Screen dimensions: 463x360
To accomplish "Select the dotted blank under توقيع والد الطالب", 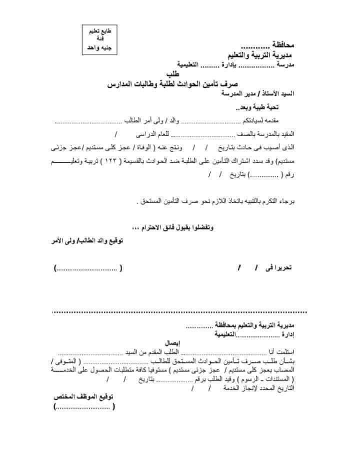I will pos(88,268).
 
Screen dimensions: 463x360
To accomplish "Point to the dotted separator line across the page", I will pos(180,311).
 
